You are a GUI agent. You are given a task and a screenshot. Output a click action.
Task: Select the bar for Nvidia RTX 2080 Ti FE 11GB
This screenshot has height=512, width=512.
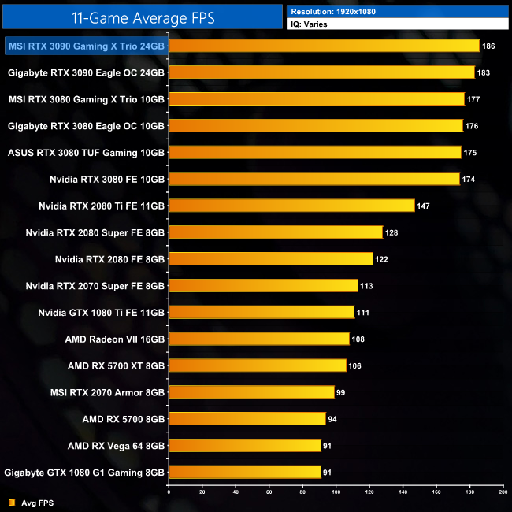(291, 206)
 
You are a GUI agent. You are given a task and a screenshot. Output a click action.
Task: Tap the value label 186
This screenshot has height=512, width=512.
(488, 46)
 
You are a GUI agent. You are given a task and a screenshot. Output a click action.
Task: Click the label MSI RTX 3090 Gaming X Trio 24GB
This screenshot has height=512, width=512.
(86, 46)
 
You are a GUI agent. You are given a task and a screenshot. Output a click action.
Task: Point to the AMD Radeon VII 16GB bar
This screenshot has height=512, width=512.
(259, 339)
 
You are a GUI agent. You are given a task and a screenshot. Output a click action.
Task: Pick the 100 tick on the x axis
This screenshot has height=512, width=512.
(336, 492)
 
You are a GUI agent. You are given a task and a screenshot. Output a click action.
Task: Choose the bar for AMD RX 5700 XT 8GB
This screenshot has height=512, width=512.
(258, 365)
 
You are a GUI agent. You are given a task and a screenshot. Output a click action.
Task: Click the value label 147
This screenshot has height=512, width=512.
(424, 206)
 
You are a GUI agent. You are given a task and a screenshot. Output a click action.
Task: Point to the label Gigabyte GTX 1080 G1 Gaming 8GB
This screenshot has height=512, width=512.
(84, 473)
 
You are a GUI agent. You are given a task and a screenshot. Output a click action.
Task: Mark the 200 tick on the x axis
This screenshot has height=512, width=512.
(503, 492)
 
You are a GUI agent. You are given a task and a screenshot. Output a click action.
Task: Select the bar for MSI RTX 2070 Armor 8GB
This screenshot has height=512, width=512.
(251, 392)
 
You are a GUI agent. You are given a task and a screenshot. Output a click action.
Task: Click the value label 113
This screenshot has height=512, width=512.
(366, 286)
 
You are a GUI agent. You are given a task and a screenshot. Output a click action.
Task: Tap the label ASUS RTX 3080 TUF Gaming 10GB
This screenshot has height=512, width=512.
(86, 153)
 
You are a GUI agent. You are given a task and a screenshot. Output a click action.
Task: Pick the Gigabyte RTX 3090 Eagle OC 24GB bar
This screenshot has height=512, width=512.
(321, 72)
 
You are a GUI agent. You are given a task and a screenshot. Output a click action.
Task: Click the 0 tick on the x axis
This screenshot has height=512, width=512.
(169, 492)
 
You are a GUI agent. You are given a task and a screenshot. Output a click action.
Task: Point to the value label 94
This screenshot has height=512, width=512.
(335, 419)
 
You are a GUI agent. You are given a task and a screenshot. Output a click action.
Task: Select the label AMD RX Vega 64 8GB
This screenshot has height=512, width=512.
(117, 446)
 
